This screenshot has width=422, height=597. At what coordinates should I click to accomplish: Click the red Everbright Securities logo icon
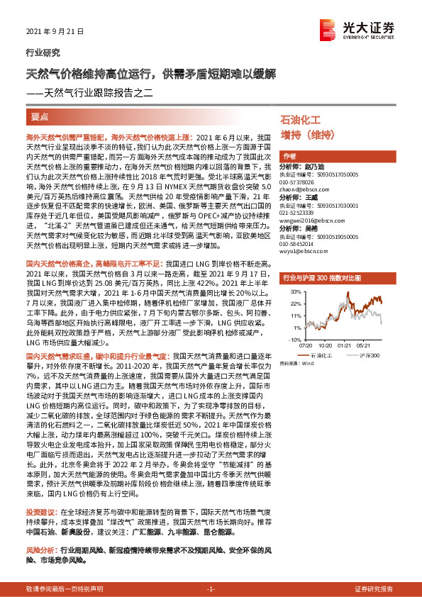(327, 29)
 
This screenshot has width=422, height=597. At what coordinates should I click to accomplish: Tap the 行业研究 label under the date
(43, 52)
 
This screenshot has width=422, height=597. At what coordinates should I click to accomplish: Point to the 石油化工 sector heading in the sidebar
(301, 120)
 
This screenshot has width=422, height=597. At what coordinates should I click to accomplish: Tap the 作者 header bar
(289, 156)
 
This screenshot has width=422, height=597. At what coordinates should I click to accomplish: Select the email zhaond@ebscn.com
(305, 189)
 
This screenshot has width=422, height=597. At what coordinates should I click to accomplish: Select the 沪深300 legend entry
(371, 355)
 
